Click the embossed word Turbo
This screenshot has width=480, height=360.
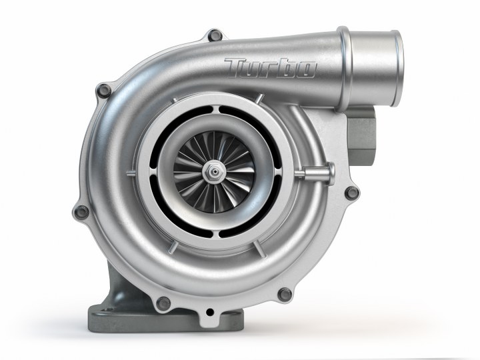(270, 68)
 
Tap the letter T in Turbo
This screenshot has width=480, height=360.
(237, 67)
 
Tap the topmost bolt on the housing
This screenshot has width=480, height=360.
(214, 34)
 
